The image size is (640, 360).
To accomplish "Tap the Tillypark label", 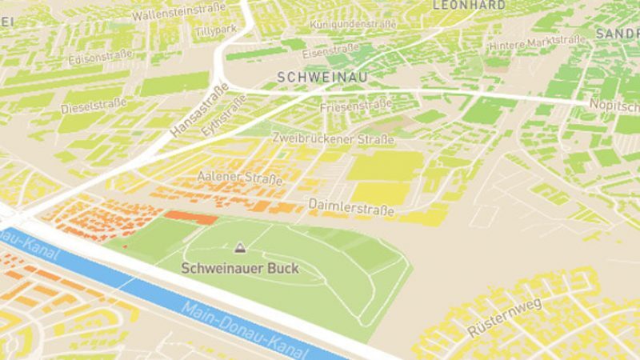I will [x=215, y=30].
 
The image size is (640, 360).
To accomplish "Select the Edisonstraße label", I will [x=101, y=58].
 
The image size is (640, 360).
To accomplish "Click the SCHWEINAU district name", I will [x=314, y=77].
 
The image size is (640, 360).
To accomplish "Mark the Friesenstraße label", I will [x=355, y=105].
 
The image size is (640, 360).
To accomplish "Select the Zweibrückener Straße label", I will [x=333, y=138].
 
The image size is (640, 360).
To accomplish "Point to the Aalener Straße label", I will [x=240, y=177].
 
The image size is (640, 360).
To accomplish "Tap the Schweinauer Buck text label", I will [x=240, y=268].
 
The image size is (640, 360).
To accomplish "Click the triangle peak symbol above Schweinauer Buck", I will [x=240, y=248].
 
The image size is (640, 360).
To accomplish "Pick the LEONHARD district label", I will [x=469, y=5].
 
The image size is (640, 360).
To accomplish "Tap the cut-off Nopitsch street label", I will [x=614, y=105].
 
